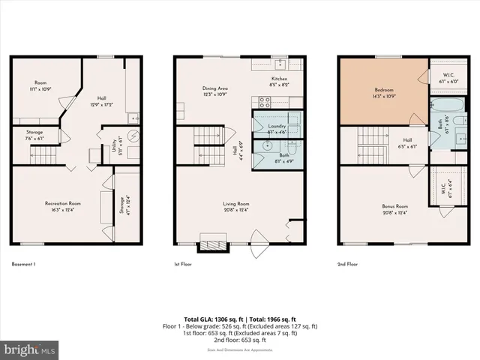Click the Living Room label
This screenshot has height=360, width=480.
pyautogui.click(x=235, y=203)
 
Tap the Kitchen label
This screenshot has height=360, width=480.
pyautogui.click(x=280, y=79)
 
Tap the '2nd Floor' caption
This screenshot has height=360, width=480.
pyautogui.click(x=348, y=264)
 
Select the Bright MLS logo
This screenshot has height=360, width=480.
pyautogui.click(x=30, y=349)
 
